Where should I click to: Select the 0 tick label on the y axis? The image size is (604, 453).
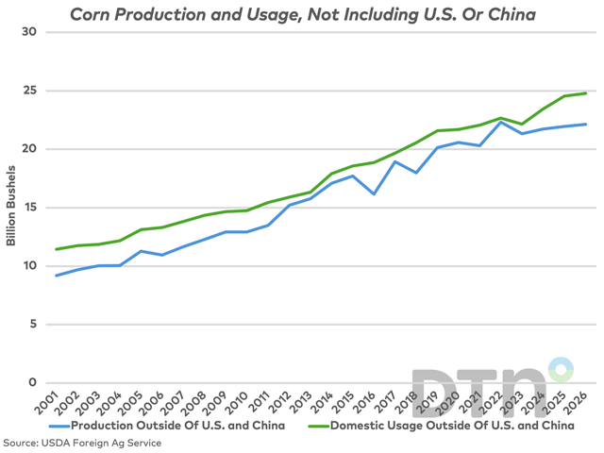(31, 383)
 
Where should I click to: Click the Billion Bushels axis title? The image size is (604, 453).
(11, 208)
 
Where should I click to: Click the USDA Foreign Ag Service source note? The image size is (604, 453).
(71, 443)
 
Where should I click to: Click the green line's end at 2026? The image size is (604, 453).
(586, 93)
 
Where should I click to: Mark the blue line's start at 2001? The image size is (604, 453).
(56, 276)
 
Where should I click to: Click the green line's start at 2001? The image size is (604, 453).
(56, 249)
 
